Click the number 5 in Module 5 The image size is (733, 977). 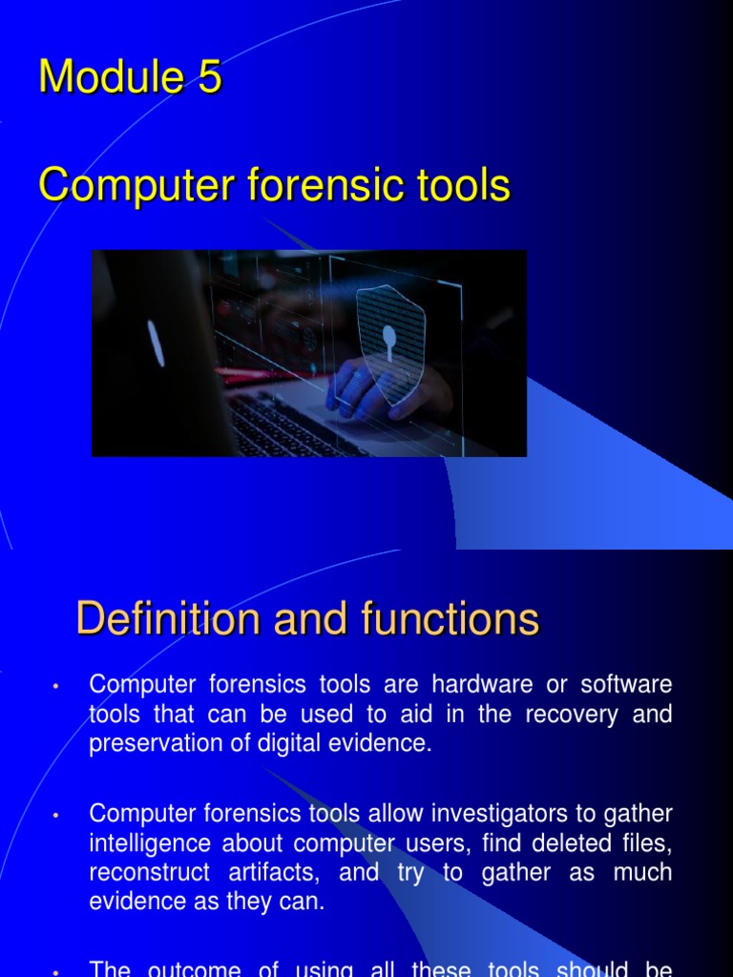coord(209,77)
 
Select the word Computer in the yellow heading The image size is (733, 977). coord(136,186)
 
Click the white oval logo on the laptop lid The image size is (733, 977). coord(156,343)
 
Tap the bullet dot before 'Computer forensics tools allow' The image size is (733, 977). coord(57,816)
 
